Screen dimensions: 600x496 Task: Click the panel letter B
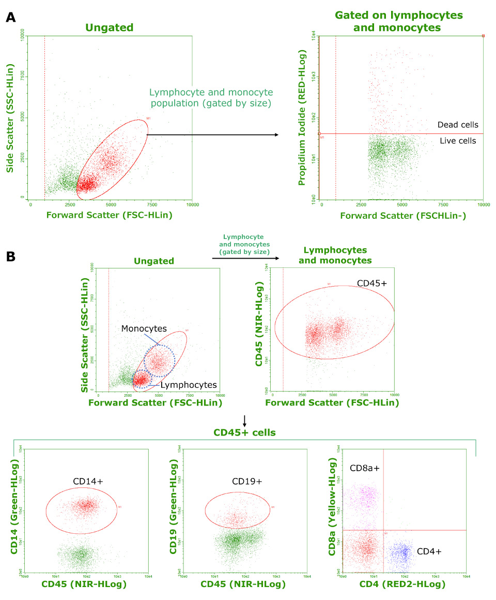click(11, 256)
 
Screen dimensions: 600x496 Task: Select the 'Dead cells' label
click(457, 125)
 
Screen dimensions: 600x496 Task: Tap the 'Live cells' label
click(458, 141)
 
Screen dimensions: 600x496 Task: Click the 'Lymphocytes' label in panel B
click(188, 385)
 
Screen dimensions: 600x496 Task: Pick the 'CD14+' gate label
click(89, 481)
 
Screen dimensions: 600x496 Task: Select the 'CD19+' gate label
click(247, 481)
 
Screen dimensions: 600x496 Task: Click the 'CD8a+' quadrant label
click(365, 468)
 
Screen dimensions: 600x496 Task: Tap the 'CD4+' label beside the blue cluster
click(429, 551)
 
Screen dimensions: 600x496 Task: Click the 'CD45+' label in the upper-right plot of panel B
click(372, 284)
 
